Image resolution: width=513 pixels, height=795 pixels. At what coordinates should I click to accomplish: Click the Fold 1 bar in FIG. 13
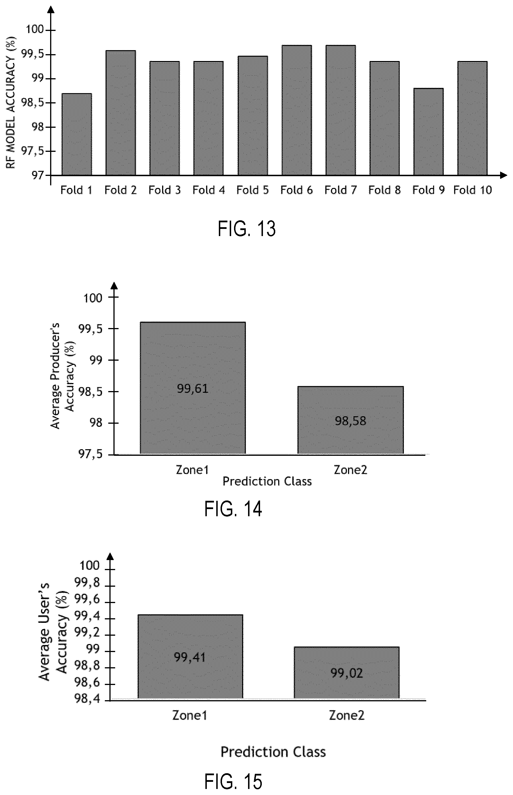coord(76,134)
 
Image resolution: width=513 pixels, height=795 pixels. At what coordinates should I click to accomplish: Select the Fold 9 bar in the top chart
coord(429,131)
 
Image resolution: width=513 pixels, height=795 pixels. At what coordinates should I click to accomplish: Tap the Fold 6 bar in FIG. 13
coord(296,110)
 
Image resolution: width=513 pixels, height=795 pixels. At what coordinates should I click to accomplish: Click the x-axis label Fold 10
coord(472,190)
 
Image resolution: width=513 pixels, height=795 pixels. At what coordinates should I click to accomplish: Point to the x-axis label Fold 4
coord(209,190)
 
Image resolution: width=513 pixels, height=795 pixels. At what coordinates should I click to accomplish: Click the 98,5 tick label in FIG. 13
coord(32,103)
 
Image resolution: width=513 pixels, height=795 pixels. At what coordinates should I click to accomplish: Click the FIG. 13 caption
coord(247,229)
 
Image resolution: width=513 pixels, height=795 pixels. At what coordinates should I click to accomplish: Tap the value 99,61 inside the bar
coord(192,388)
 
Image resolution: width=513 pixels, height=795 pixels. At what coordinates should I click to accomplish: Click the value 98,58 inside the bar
coord(350,421)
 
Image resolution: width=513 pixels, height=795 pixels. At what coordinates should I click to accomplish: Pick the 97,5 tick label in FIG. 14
coord(90,454)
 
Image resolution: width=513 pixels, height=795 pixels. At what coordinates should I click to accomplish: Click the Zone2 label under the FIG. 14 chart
coord(350,470)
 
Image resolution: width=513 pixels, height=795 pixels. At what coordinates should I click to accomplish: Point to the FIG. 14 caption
coord(233,509)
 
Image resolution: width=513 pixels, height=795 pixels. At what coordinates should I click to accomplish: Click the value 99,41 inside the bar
coord(190,657)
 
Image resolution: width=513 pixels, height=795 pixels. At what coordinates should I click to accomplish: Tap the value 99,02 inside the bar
coord(347,673)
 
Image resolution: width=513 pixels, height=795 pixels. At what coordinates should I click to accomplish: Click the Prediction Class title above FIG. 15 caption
coord(273,752)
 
